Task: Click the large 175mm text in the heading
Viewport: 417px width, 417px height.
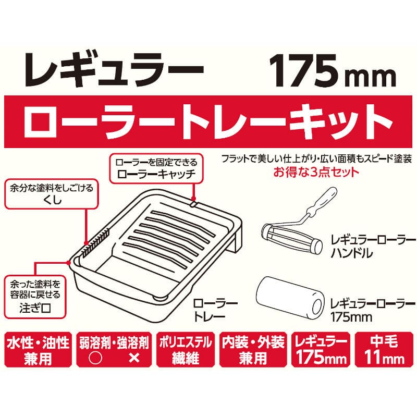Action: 333,70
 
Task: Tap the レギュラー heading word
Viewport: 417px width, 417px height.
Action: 114,70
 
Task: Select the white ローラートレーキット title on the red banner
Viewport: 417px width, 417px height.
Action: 208,122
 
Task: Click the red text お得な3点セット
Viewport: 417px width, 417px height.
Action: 316,172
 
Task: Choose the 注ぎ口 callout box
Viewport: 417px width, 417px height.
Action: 35,297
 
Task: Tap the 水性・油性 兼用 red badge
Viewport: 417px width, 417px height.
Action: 38,349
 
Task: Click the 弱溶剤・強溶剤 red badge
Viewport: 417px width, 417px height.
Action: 114,349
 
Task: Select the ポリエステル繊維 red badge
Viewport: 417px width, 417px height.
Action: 186,349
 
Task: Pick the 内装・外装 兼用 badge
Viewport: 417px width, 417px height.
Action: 253,349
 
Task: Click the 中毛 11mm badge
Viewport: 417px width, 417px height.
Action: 384,349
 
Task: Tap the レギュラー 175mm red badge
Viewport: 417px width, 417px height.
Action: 321,349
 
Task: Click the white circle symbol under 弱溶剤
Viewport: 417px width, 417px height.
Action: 95,358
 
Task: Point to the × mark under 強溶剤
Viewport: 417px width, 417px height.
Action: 134,358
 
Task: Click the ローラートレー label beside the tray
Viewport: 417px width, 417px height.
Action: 215,310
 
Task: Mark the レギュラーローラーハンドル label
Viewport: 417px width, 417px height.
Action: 373,247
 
